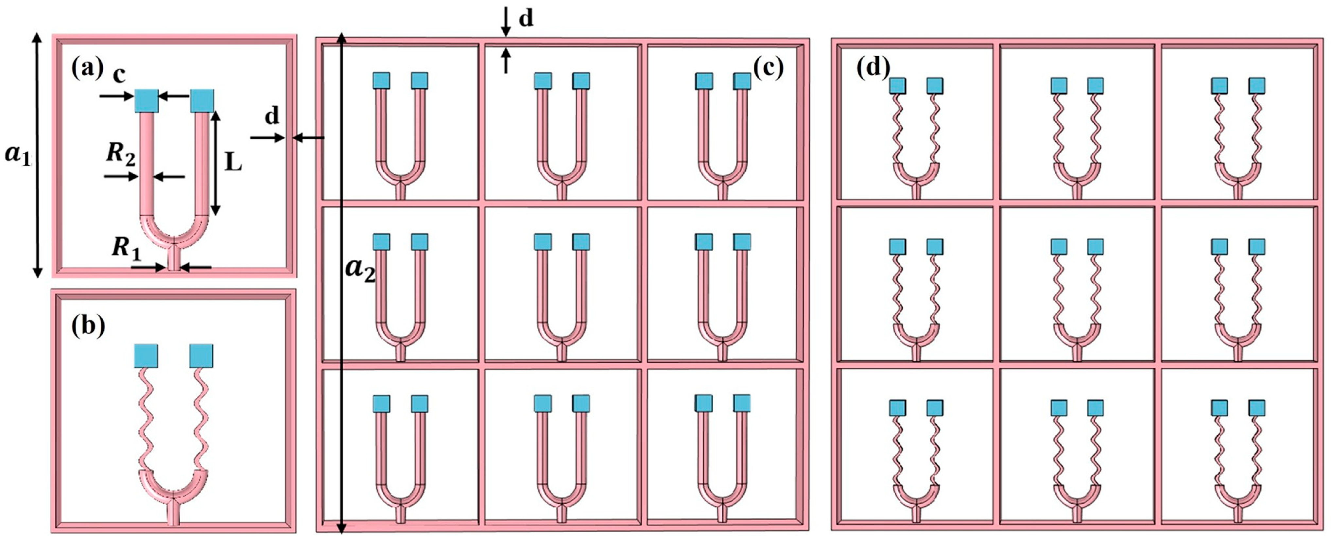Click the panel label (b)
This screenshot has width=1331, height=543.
click(88, 326)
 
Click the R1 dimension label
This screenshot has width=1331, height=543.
click(126, 248)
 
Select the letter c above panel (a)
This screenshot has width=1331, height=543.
click(119, 75)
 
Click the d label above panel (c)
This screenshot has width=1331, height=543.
click(526, 19)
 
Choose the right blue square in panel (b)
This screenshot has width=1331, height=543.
click(201, 356)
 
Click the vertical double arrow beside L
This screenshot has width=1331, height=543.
click(216, 163)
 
